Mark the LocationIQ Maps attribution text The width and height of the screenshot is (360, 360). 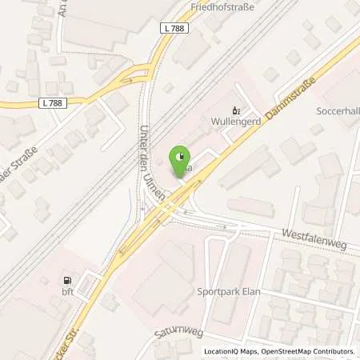pyautogui.click(x=229, y=351)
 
